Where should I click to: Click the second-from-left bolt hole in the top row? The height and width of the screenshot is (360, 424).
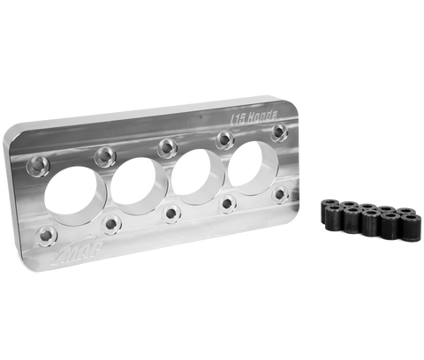[x=105, y=153]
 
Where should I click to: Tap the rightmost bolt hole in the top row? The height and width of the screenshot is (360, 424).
[x=278, y=130]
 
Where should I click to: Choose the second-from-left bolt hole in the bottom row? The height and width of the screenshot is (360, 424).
[x=111, y=224]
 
